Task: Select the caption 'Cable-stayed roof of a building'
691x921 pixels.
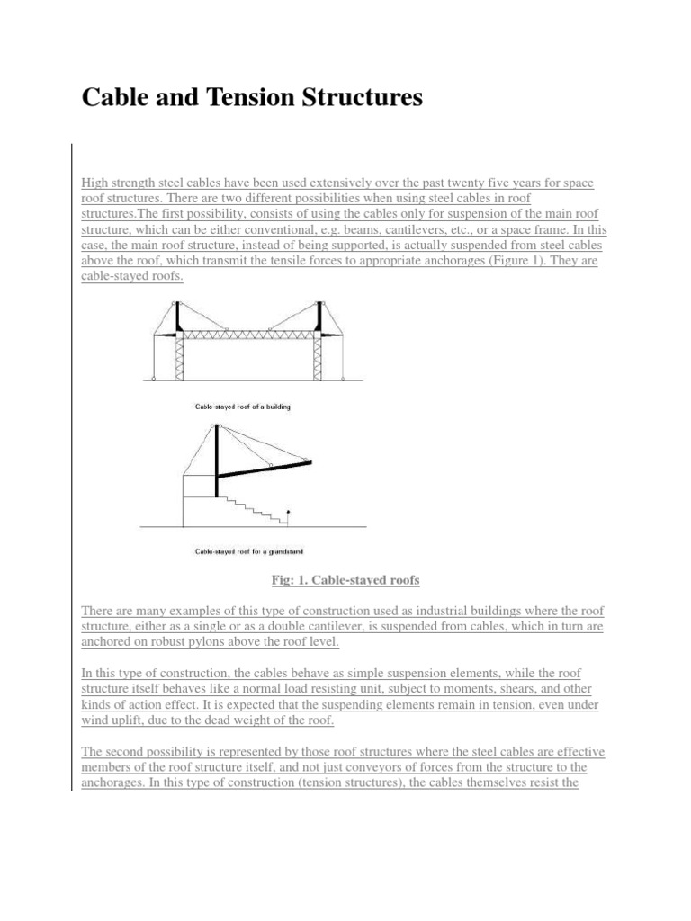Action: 243,407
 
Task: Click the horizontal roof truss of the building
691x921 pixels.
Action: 248,335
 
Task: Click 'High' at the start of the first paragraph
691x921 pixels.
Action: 94,183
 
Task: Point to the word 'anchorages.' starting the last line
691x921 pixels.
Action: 112,782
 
